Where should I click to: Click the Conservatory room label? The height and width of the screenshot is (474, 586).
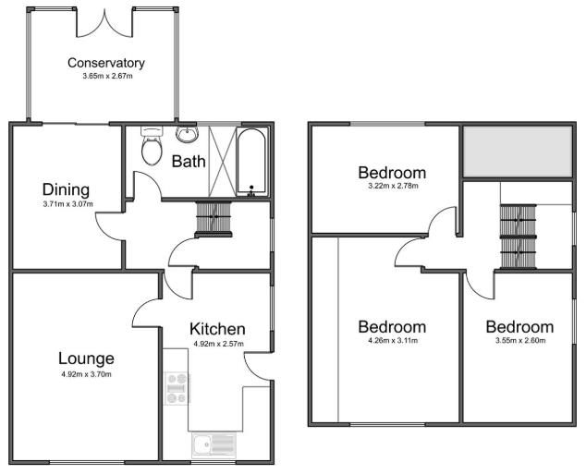click(106, 63)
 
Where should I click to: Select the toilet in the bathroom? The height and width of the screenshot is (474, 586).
click(152, 147)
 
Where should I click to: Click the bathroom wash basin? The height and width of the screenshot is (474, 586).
click(188, 135)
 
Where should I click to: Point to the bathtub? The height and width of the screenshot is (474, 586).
click(251, 162)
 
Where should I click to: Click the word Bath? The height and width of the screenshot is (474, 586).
click(189, 161)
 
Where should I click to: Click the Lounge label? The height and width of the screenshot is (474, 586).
click(85, 359)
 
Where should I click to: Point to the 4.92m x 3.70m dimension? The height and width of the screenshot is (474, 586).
click(85, 374)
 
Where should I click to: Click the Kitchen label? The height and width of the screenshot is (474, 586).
click(217, 329)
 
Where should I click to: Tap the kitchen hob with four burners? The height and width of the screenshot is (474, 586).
click(177, 387)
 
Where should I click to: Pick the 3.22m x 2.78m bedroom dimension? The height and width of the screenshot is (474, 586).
click(392, 187)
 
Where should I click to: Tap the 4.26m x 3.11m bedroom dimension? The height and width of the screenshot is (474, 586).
click(392, 341)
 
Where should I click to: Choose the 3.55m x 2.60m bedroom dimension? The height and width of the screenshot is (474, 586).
click(519, 341)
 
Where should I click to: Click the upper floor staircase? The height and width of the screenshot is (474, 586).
click(518, 237)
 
